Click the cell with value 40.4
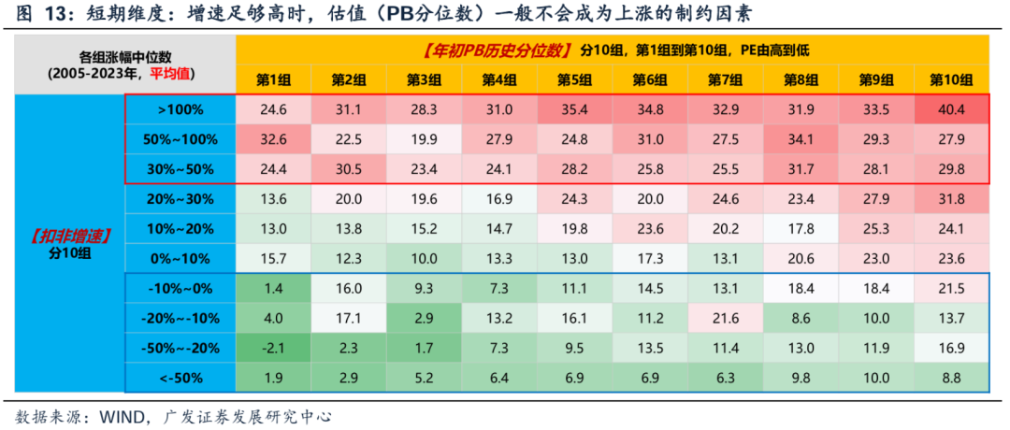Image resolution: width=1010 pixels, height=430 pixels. coord(950,109)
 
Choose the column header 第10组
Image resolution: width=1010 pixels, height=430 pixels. coord(950,79)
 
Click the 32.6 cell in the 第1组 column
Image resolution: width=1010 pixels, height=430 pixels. coord(274,139)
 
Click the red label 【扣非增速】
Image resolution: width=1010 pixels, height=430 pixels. coord(65,235)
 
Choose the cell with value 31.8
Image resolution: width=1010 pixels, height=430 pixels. coord(950,199)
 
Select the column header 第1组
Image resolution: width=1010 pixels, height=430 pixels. coord(274,79)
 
